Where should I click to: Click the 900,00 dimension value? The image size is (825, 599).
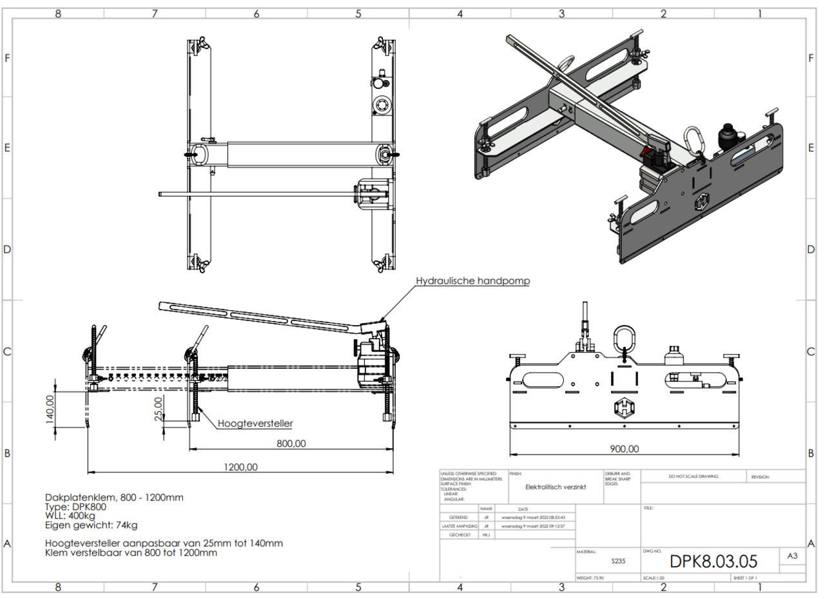624,449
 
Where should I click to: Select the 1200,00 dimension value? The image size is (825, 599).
241,467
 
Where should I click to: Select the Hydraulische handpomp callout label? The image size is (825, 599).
472,281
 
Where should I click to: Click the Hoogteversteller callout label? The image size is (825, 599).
255,424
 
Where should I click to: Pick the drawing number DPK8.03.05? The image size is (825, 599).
713,560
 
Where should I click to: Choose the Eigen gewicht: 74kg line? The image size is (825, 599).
91,525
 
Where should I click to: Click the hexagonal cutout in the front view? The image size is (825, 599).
624,408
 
